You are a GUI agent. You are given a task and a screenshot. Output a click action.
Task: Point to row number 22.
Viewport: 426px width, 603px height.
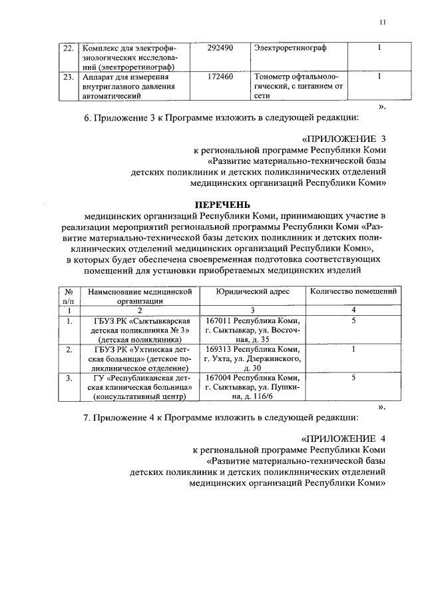(x=67, y=48)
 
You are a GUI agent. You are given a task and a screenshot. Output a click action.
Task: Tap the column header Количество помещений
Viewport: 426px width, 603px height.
(x=353, y=292)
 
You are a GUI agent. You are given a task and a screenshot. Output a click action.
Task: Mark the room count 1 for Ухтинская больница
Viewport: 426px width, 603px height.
(x=353, y=348)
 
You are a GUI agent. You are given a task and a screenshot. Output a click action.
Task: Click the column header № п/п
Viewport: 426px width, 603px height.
(x=68, y=296)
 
